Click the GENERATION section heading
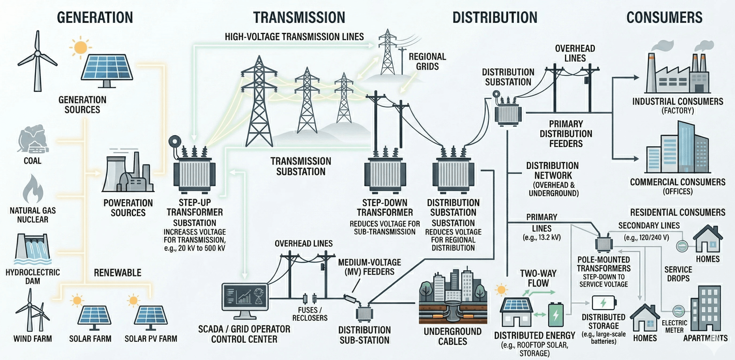[x=95, y=18]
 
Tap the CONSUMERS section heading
[x=664, y=18]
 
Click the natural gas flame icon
[x=33, y=189]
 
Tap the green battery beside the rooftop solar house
[x=556, y=315]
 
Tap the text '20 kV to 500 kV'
[x=195, y=248]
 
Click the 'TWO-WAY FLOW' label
[x=538, y=278]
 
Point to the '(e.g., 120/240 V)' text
[x=646, y=237]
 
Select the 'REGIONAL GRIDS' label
[x=427, y=61]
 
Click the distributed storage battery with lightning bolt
[x=604, y=303]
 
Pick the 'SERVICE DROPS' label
[x=678, y=274]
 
